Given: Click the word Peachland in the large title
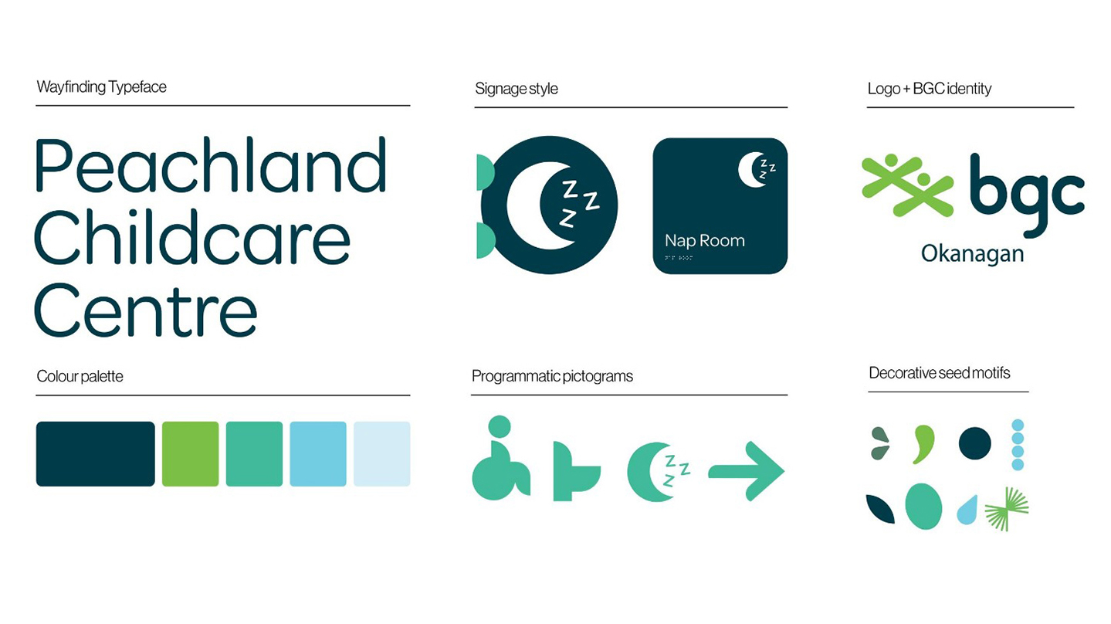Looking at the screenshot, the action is [211, 164].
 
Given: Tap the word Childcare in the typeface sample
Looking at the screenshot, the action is [192, 238].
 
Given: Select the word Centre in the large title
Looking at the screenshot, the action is [146, 310].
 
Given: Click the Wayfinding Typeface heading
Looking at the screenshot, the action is [102, 86].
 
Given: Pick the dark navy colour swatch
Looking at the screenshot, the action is [95, 454].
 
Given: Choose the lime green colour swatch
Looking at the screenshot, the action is [191, 454].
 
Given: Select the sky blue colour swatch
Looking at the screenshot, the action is [318, 454].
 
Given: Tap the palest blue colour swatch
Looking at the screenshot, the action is [382, 454].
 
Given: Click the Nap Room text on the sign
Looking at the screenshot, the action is [705, 241].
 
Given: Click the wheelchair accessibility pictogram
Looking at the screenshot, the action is [501, 457].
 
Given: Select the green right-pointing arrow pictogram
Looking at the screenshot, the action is [746, 471].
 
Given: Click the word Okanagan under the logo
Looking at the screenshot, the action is [972, 254].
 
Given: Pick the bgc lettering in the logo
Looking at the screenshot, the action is [1027, 196].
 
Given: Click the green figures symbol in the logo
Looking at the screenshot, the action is [908, 185].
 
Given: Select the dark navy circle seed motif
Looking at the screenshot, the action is [974, 443].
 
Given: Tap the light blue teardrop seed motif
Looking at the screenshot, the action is [967, 511].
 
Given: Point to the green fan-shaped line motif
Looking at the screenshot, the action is [1007, 510].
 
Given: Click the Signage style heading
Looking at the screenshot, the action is [517, 89].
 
